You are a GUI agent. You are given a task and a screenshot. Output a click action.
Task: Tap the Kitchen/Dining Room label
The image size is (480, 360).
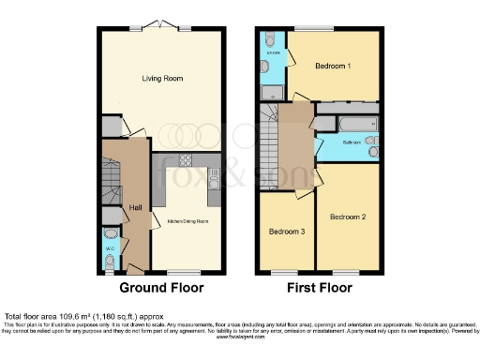187,221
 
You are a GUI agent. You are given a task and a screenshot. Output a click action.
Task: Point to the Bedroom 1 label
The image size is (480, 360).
334,67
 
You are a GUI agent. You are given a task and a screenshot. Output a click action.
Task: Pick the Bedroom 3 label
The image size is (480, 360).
287,232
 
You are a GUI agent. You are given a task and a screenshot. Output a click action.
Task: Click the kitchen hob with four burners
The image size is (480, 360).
186,160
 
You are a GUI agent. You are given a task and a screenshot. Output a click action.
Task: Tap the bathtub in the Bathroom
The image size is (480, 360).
356,124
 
